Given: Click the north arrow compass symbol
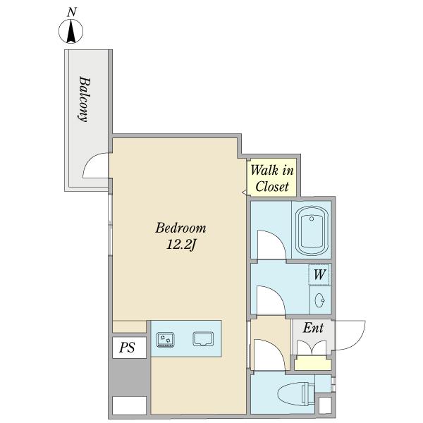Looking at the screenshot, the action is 71,31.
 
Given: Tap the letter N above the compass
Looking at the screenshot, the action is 71,13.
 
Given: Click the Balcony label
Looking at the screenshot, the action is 84,99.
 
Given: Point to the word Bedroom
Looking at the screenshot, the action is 180,228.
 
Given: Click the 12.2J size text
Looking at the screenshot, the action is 180,245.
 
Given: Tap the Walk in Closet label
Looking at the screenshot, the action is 272,178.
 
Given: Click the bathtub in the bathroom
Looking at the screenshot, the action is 312,229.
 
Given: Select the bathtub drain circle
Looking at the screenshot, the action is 312,219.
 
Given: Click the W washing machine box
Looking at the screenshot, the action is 319,275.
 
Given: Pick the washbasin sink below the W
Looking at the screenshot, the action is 320,300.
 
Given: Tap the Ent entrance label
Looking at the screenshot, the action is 313,328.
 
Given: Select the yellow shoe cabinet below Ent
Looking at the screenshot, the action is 312,363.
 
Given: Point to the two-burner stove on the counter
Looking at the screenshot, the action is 166,340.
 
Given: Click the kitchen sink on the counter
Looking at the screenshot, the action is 203,339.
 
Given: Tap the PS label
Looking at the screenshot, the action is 127,348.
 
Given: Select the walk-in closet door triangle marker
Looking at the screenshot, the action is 245,192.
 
